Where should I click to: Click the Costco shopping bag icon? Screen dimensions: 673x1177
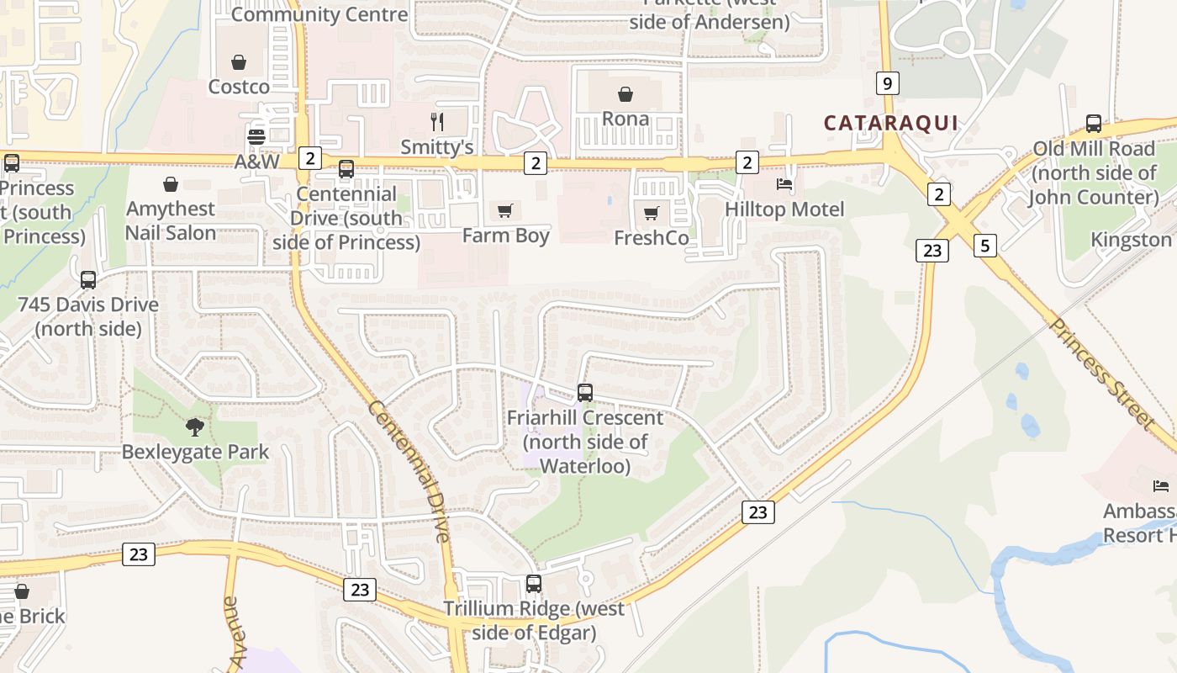[239, 62]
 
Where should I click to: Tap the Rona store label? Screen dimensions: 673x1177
[625, 119]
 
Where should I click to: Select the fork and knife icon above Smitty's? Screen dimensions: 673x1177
[436, 122]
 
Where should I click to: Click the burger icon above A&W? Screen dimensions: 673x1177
[256, 136]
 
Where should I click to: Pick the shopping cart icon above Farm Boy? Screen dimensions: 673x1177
[504, 210]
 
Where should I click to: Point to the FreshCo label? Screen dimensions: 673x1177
[651, 238]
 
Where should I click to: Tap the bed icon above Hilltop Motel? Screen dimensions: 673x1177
[784, 184]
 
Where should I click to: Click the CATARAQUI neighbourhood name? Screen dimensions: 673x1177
[890, 123]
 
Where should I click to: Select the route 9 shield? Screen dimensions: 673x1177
[887, 83]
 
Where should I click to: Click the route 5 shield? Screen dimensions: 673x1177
[986, 246]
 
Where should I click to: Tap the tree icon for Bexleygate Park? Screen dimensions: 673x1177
[195, 427]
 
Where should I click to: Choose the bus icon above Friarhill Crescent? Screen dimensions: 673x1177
[585, 392]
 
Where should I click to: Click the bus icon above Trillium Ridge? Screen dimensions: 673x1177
[533, 583]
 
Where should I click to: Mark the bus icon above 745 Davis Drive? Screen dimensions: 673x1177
[88, 280]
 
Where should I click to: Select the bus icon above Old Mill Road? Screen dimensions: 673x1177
[1094, 124]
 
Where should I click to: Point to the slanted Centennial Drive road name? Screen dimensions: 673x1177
[409, 471]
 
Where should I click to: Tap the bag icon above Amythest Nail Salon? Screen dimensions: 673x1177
[171, 183]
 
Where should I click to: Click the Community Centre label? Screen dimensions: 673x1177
[319, 14]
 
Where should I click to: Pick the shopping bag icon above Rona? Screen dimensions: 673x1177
[625, 93]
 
